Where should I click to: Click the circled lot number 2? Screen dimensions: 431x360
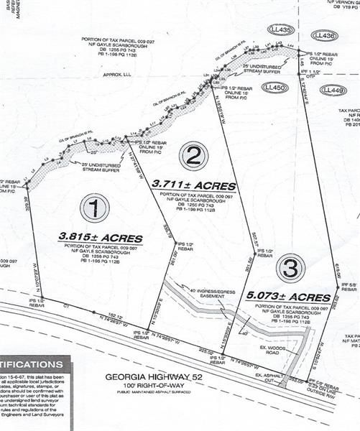[194, 154]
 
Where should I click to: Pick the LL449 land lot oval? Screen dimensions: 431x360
[331, 89]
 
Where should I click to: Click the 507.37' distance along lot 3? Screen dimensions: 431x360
[233, 235]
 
